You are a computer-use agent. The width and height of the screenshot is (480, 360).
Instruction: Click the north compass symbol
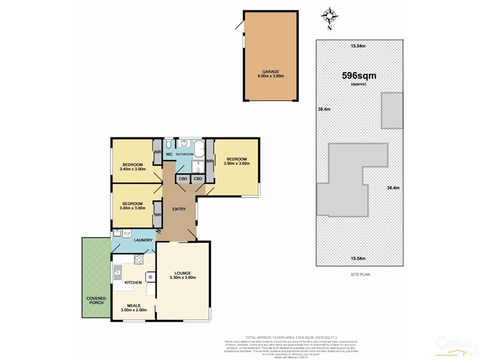tap(329, 17)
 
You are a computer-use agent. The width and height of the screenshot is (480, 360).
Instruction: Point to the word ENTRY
tap(179, 209)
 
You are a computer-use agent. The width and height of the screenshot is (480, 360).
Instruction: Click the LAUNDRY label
tap(144, 241)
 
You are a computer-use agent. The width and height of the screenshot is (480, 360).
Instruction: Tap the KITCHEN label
tap(133, 282)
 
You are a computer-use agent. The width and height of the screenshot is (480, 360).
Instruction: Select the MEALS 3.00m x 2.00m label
tap(133, 307)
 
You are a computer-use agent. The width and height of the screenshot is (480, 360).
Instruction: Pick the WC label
tap(169, 154)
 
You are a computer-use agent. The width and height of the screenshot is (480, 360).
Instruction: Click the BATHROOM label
tap(185, 154)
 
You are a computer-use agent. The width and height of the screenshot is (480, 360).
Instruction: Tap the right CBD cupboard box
tap(198, 179)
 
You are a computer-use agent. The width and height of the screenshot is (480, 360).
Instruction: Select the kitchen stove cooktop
tap(139, 260)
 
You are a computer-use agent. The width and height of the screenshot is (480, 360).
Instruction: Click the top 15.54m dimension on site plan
tap(359, 46)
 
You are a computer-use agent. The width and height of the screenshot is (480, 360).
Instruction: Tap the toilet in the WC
tap(169, 145)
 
